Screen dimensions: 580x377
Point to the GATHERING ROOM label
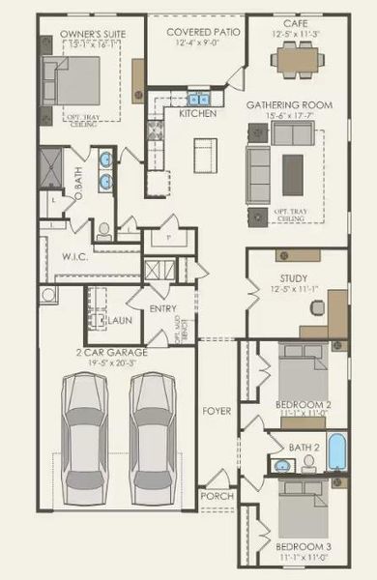pos(290,104)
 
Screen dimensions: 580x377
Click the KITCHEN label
pos(198,114)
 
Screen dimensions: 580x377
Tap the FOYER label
pos(217,411)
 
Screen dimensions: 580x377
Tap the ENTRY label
pos(160,308)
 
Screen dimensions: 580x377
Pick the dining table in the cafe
pos(297,60)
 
